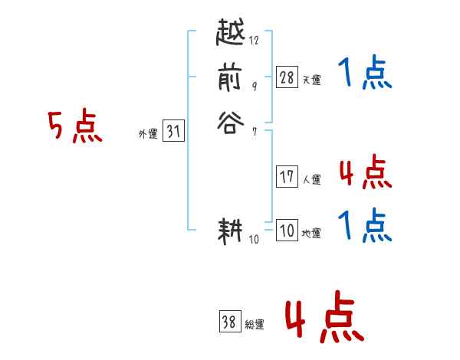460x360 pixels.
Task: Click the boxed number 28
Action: pyautogui.click(x=287, y=77)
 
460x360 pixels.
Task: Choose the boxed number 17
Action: pyautogui.click(x=287, y=177)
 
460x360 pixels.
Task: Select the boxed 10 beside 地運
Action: pyautogui.click(x=287, y=231)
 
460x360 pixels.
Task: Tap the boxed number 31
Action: pyautogui.click(x=173, y=131)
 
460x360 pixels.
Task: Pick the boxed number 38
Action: pyautogui.click(x=229, y=322)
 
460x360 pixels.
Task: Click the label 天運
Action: pyautogui.click(x=311, y=80)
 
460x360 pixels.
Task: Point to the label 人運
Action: pyautogui.click(x=311, y=180)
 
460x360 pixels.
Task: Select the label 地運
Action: pyautogui.click(x=311, y=234)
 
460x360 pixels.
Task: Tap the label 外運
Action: pyautogui.click(x=148, y=134)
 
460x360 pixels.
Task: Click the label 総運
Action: pyautogui.click(x=255, y=325)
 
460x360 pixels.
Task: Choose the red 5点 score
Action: pyautogui.click(x=75, y=127)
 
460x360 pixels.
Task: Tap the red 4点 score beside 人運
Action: pyautogui.click(x=365, y=172)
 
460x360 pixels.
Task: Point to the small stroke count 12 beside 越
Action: pyautogui.click(x=254, y=41)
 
